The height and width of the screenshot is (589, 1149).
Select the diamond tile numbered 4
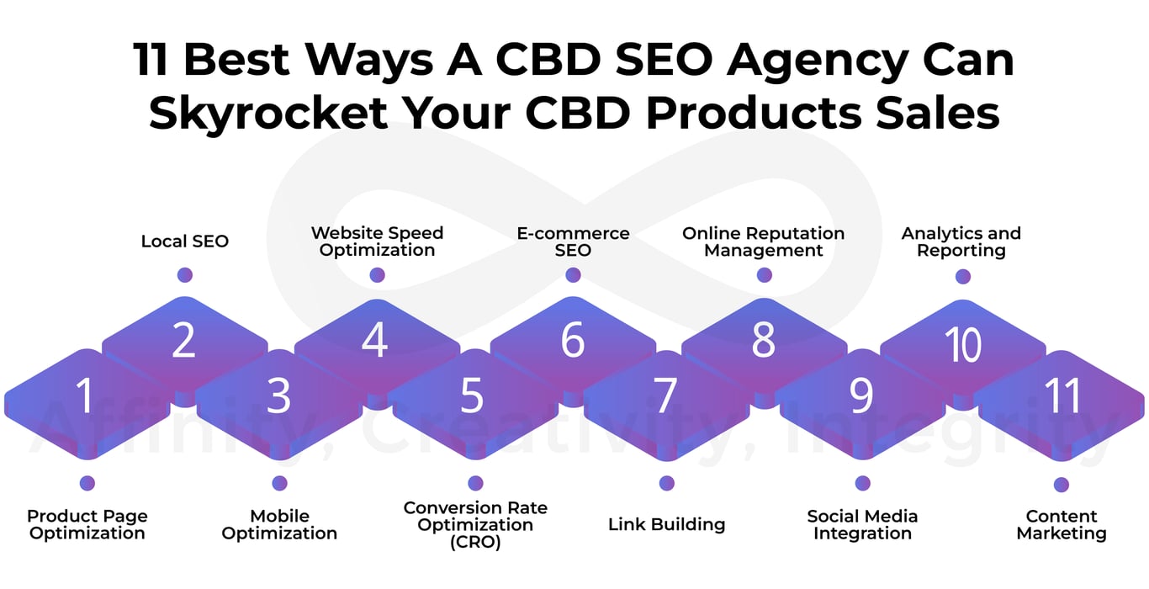pos(374,342)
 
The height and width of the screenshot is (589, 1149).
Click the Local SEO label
pos(185,241)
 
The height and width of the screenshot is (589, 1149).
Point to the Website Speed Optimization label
pos(377,241)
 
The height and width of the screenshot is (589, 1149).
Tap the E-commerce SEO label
pos(573,241)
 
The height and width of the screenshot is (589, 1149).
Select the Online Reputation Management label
pos(763,241)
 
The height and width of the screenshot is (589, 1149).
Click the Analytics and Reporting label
pos(961,241)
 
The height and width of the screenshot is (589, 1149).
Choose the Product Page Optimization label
pos(87,524)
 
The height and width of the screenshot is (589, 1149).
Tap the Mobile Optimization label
pos(279,524)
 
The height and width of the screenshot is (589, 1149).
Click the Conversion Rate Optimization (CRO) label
pos(475,524)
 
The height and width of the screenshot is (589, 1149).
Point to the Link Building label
pos(666,524)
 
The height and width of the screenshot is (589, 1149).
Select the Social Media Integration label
pos(862,524)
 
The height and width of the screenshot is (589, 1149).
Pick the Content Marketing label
pos(1062,524)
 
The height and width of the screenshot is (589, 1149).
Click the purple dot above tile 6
pos(573,275)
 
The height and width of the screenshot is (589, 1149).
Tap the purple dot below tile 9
pos(862,483)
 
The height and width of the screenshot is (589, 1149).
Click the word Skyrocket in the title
pos(272,113)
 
